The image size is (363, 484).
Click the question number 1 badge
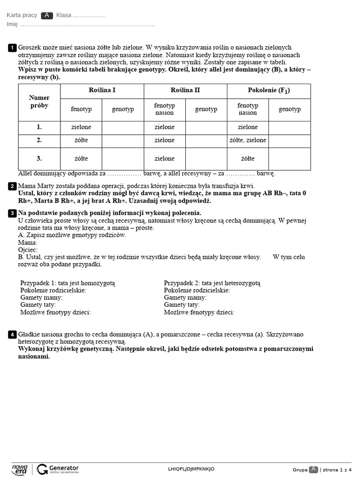(x=12, y=48)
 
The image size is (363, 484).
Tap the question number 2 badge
(x=12, y=186)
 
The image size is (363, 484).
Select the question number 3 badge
(x=12, y=213)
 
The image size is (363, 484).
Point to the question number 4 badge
(x=12, y=335)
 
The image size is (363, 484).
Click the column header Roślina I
(x=102, y=90)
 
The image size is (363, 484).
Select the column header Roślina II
(x=185, y=90)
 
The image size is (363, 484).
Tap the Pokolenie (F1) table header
(x=268, y=90)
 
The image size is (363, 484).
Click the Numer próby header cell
(x=39, y=102)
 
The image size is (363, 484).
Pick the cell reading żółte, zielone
(x=248, y=140)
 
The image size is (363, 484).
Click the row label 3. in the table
(x=39, y=158)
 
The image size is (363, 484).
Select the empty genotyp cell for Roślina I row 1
(x=123, y=127)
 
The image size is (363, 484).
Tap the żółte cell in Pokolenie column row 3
(x=248, y=158)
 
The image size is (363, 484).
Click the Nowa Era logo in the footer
(x=20, y=469)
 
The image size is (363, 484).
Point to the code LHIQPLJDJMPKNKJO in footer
(x=191, y=469)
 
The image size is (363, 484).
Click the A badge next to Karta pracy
(x=47, y=15)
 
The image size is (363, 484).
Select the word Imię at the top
(x=12, y=24)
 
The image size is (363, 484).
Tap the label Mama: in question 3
(x=28, y=242)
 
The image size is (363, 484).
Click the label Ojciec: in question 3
(x=28, y=250)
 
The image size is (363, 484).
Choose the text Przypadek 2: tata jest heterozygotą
(x=212, y=283)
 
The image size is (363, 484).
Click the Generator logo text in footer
(x=63, y=467)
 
